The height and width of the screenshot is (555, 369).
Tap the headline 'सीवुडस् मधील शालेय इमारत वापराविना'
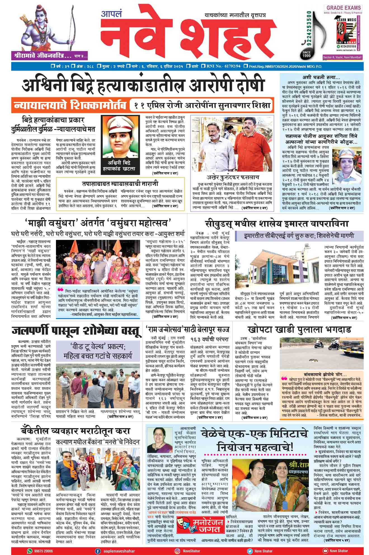[x=276, y=224]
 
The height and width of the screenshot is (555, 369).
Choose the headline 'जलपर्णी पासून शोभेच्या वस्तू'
[x=76, y=331]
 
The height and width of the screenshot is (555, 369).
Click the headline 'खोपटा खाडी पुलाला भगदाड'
[x=299, y=329]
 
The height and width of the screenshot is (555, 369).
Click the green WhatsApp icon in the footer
[x=30, y=551]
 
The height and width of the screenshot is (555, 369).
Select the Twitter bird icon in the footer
[x=250, y=551]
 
